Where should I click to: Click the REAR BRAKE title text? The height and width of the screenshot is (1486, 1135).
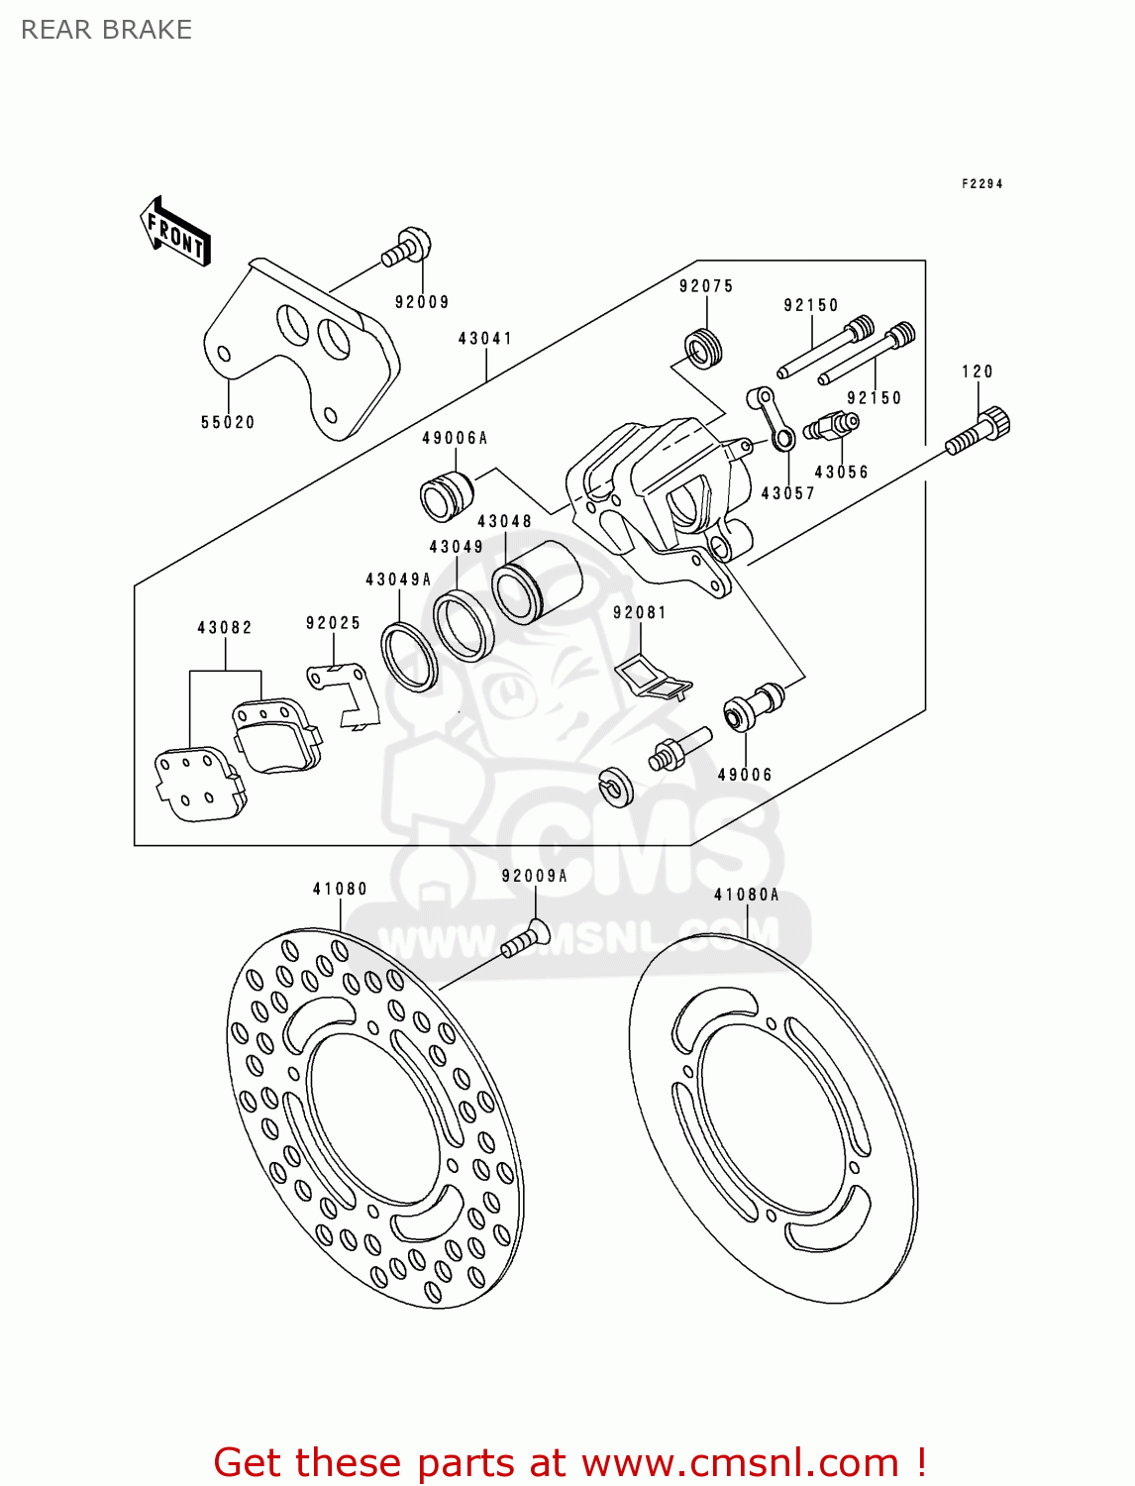pyautogui.click(x=106, y=30)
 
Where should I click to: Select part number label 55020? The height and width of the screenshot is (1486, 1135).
pyautogui.click(x=228, y=423)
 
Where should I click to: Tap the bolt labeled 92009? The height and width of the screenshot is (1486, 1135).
pyautogui.click(x=407, y=247)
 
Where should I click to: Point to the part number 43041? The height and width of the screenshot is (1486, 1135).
pyautogui.click(x=485, y=339)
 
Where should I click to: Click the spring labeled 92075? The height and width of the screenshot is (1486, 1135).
pyautogui.click(x=704, y=348)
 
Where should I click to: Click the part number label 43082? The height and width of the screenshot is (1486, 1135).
pyautogui.click(x=225, y=628)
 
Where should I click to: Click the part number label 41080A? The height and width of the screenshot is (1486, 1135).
pyautogui.click(x=747, y=896)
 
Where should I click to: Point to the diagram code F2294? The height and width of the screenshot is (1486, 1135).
pyautogui.click(x=981, y=184)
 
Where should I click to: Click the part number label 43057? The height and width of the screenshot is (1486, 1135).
pyautogui.click(x=787, y=493)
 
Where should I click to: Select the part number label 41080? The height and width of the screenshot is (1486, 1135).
pyautogui.click(x=340, y=890)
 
